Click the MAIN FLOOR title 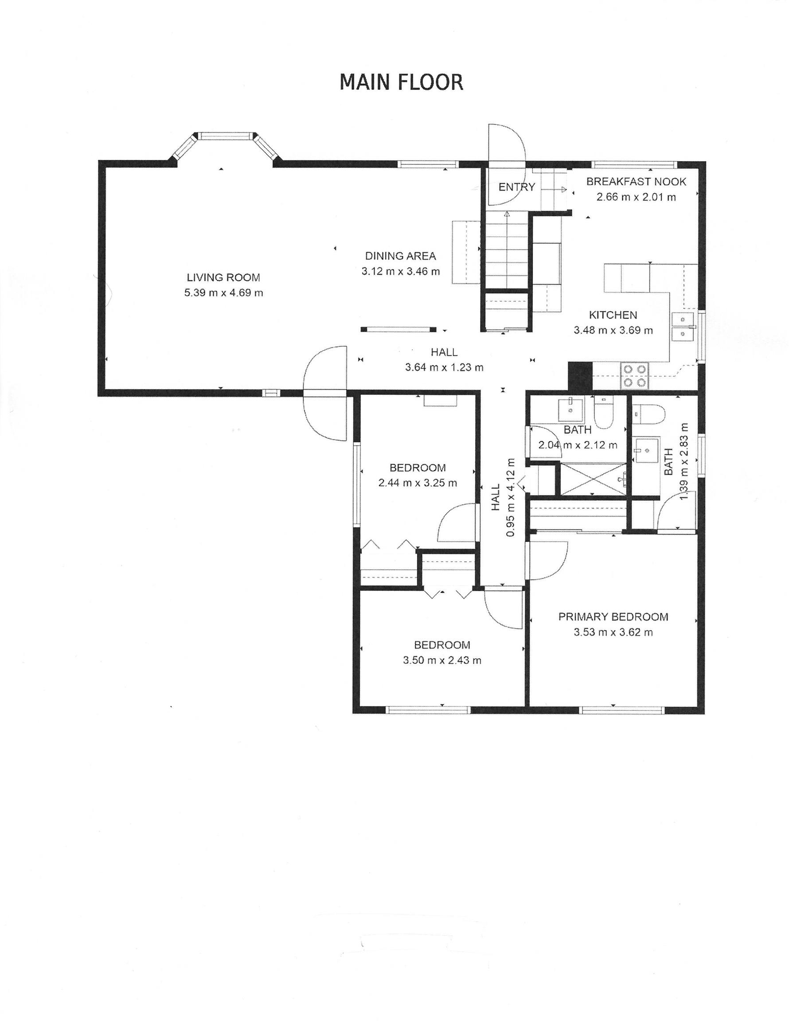tap(401, 82)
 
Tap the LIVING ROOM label tap(223, 277)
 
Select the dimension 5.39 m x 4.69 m tap(223, 293)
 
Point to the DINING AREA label tap(400, 256)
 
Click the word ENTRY tap(516, 187)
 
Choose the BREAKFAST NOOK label tap(636, 181)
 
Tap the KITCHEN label tap(613, 315)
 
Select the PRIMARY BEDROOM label tap(613, 616)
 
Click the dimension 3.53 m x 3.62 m tap(613, 632)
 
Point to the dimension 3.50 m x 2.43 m tap(442, 661)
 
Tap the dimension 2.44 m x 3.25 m tap(418, 483)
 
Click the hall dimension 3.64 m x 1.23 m tap(444, 367)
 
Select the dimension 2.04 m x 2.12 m tap(578, 445)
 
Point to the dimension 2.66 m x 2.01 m tap(636, 197)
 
